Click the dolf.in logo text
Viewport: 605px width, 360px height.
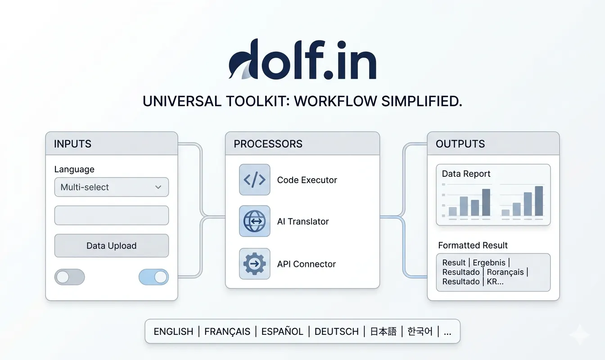tap(302, 59)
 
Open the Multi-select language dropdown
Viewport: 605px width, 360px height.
tap(112, 187)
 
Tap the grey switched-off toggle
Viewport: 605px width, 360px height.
tap(70, 277)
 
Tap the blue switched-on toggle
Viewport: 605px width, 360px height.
tap(154, 277)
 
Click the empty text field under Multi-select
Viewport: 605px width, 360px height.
tap(112, 215)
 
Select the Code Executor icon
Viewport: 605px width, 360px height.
tap(254, 180)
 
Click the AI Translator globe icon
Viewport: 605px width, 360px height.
tap(254, 221)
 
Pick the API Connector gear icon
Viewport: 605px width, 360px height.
tap(254, 264)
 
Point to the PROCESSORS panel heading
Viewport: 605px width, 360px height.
tap(268, 144)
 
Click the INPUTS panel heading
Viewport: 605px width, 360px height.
tap(72, 144)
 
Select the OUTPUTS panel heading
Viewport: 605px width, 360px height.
tap(460, 144)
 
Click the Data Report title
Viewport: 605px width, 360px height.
tap(466, 174)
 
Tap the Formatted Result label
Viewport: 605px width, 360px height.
tap(473, 245)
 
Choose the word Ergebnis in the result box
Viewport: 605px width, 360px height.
tap(489, 262)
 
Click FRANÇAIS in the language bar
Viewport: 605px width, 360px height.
tap(227, 331)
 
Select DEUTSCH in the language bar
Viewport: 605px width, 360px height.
tap(337, 331)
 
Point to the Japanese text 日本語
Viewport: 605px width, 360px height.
tap(383, 331)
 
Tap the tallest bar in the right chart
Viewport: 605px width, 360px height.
tap(539, 201)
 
